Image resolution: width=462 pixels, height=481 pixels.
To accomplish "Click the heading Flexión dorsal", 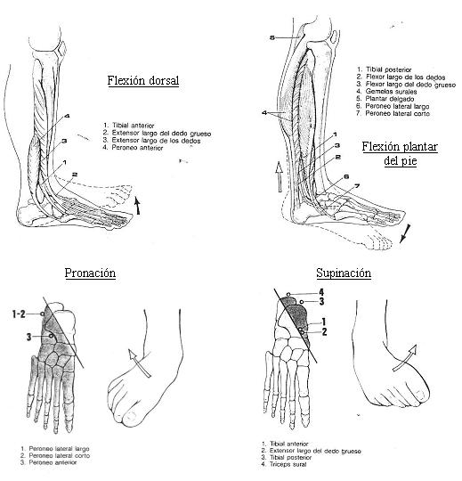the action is (142, 81).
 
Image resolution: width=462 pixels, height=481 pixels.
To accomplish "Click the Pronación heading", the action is (90, 273).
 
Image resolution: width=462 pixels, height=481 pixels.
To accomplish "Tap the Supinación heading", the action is (344, 273).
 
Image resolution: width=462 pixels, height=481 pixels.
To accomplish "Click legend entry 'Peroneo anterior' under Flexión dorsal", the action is (137, 148).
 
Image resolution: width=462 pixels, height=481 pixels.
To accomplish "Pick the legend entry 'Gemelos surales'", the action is (391, 92).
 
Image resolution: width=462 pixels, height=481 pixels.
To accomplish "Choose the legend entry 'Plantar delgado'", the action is (389, 99).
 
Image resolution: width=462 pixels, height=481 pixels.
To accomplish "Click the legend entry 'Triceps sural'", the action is (288, 464).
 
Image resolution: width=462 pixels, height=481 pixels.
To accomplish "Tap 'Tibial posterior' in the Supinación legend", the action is (290, 457).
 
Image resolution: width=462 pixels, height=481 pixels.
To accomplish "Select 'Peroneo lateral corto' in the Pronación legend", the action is (59, 455).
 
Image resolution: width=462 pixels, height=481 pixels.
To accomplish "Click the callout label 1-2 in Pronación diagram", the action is (19, 314).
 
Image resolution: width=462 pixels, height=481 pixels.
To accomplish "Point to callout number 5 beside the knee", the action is (272, 37).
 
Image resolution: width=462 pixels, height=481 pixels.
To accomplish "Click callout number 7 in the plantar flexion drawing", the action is (357, 186).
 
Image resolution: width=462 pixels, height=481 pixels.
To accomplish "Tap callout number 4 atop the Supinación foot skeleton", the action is (321, 292).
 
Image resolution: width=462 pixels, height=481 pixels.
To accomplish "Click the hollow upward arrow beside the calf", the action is (279, 177).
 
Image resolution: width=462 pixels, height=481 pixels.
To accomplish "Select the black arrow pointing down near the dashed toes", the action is (405, 233).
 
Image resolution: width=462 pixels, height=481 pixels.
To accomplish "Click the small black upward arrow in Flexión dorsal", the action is (138, 206).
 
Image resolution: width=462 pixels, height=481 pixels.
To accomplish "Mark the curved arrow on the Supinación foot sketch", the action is (405, 357).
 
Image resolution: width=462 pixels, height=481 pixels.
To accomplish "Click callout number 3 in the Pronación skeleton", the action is (28, 337).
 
